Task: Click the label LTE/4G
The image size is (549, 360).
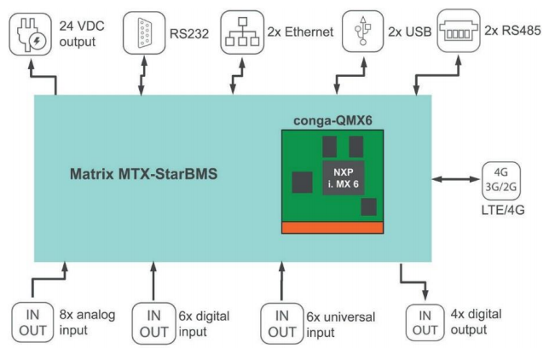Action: tap(501, 210)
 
